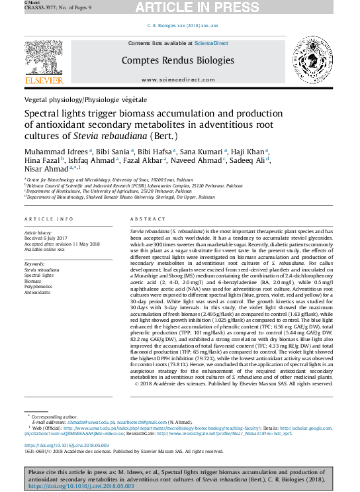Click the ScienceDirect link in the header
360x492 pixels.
tap(211, 43)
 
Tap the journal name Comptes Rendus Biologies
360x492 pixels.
tap(177, 60)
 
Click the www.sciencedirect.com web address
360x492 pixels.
tap(177, 79)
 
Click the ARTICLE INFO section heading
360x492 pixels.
tap(49, 218)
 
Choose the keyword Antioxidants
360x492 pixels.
tap(37, 292)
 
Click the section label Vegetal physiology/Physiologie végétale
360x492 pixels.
tap(86, 99)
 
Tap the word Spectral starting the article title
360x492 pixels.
tap(42, 113)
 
